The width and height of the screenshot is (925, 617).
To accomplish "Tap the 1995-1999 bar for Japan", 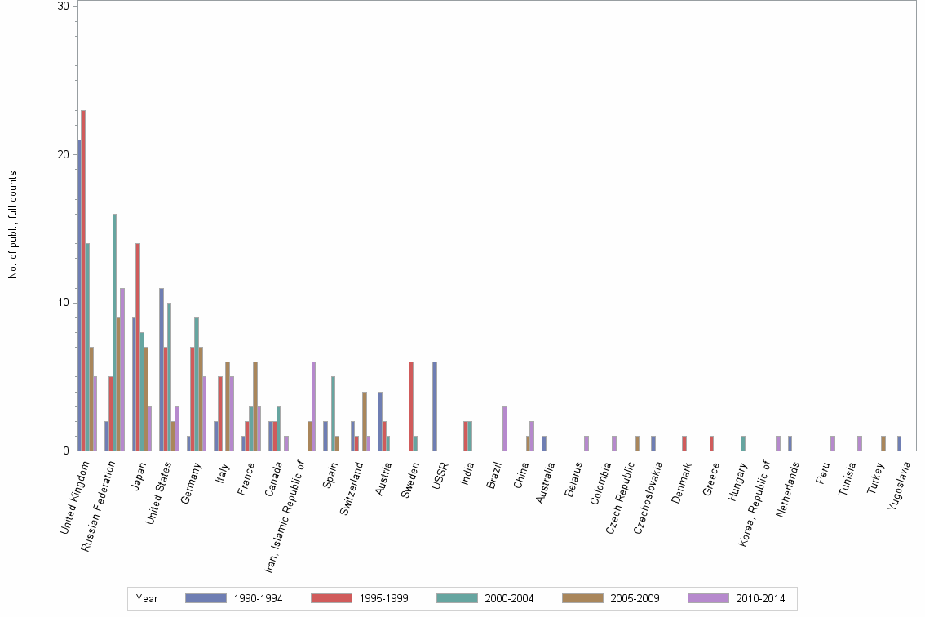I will [x=138, y=347].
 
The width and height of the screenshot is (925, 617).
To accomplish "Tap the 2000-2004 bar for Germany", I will [x=197, y=384].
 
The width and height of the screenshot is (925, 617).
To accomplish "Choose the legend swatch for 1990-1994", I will [x=206, y=598].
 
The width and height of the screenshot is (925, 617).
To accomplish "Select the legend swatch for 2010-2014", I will [x=708, y=598].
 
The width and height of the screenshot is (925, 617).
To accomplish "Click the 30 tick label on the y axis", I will [x=62, y=7].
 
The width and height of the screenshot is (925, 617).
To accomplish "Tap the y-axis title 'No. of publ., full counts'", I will [x=13, y=225].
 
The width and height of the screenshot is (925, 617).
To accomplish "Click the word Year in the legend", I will [x=147, y=599].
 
